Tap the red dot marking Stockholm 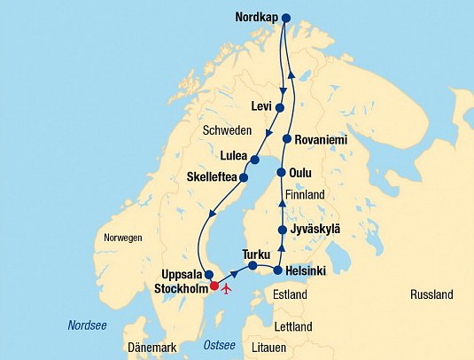[213, 286]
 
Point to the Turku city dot [253, 265]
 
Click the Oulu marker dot [281, 173]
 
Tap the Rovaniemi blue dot [287, 139]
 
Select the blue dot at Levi [280, 107]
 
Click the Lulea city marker [254, 160]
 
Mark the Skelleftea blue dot [244, 177]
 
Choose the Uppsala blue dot [207, 274]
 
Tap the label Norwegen [122, 239]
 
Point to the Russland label [431, 294]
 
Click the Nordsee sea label [87, 325]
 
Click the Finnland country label [306, 194]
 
